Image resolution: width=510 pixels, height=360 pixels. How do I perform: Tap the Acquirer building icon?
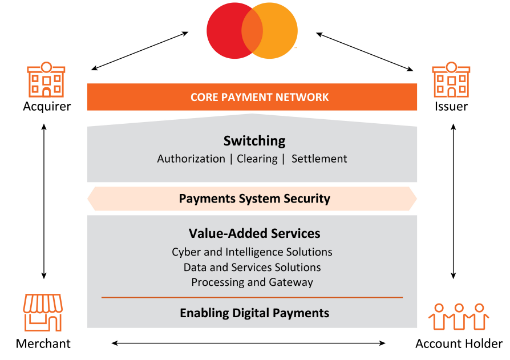click(x=46, y=80)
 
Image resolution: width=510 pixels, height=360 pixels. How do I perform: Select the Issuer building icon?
click(x=451, y=80)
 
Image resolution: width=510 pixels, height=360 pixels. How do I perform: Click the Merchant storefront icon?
click(x=43, y=313)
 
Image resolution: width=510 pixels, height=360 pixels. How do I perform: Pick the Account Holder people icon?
click(x=459, y=317)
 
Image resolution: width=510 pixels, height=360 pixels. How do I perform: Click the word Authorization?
click(x=191, y=159)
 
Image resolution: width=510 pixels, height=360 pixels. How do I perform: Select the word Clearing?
click(x=257, y=159)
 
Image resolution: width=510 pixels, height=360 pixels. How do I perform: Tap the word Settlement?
click(x=319, y=159)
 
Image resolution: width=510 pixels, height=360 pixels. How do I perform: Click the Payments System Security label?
click(x=254, y=199)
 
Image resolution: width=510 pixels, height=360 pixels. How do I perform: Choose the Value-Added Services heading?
click(x=254, y=233)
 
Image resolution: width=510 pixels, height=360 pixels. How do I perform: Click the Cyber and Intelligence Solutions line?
click(x=252, y=252)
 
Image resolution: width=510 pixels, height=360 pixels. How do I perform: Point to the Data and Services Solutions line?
click(x=252, y=267)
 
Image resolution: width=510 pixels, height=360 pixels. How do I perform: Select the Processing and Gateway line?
click(x=252, y=282)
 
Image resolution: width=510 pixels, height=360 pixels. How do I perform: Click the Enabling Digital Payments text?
click(x=254, y=313)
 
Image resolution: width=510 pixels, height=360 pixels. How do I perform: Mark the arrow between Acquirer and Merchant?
click(x=44, y=194)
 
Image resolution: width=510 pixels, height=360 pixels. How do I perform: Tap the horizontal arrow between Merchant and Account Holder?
click(x=249, y=343)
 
